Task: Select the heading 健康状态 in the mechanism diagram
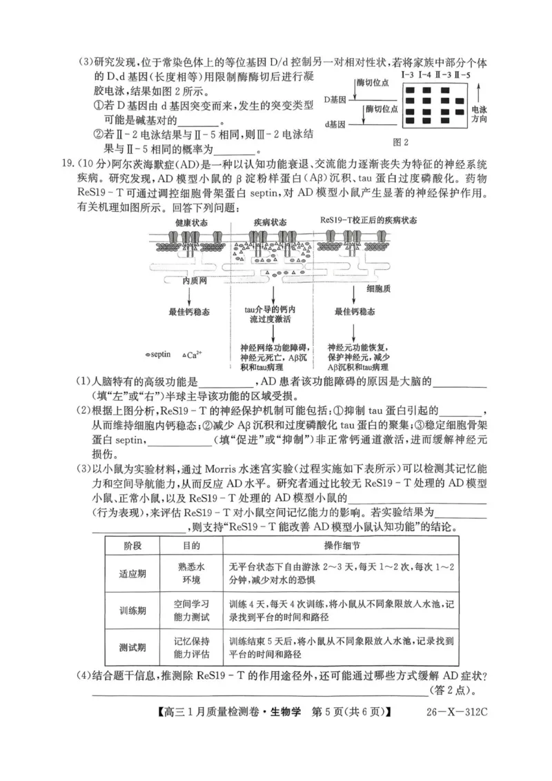pyautogui.click(x=192, y=222)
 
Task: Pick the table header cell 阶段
pyautogui.click(x=132, y=545)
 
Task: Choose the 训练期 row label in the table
pyautogui.click(x=132, y=610)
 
